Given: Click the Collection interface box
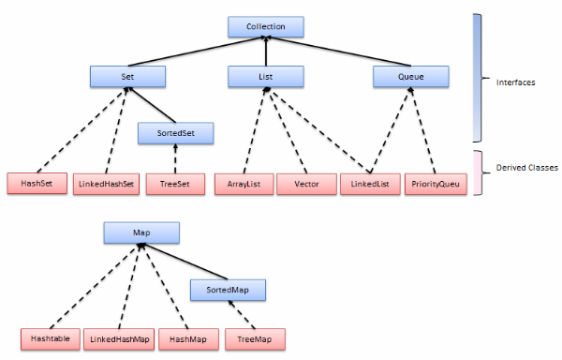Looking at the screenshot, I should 266,25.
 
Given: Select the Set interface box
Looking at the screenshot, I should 128,77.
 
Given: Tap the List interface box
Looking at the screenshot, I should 266,77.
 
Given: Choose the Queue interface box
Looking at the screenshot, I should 405,77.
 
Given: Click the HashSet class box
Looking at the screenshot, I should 36,184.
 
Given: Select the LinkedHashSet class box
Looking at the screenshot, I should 105,184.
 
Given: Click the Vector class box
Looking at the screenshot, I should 306,184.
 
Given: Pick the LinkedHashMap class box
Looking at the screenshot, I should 119,338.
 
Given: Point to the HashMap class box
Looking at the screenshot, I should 188,338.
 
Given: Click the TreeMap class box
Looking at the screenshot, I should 253,338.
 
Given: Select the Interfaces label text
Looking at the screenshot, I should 514,82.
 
